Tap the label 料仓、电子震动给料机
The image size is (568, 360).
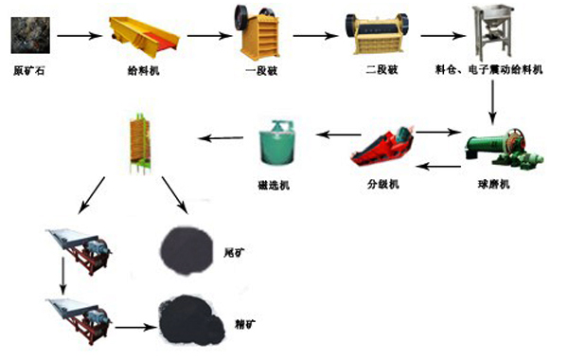click(495, 68)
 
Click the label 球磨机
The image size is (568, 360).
click(495, 183)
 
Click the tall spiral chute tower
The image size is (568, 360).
click(138, 143)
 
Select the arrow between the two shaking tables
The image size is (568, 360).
click(63, 278)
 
